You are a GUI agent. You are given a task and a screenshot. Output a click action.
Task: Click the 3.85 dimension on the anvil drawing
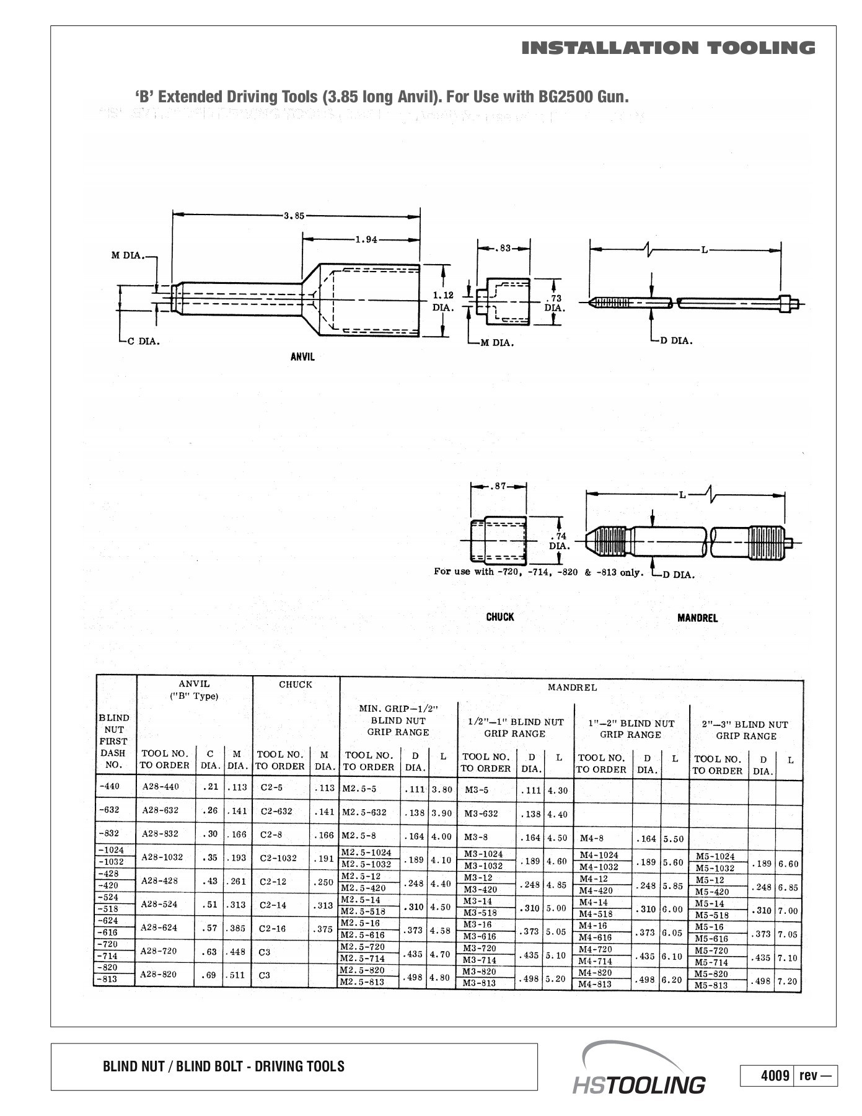point(294,216)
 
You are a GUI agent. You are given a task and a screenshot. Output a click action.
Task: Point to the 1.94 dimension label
point(366,239)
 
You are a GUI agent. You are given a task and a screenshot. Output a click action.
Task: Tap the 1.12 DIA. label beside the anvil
point(443,301)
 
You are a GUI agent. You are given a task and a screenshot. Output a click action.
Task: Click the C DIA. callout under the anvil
point(143,342)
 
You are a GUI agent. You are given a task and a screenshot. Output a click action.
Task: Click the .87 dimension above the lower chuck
point(499,486)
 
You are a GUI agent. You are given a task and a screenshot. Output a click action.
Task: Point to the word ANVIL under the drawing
point(302,357)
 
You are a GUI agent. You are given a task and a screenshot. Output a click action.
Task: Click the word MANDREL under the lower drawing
point(697,618)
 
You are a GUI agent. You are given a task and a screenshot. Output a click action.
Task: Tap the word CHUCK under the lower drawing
point(499,617)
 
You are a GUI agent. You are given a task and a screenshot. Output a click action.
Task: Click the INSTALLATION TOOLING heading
point(668,48)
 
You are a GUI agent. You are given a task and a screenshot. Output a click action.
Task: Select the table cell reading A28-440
point(161,787)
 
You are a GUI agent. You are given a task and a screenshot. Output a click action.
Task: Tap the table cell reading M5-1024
point(715,857)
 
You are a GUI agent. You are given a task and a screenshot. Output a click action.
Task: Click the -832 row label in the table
point(109,833)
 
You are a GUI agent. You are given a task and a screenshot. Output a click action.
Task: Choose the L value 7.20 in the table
point(788,981)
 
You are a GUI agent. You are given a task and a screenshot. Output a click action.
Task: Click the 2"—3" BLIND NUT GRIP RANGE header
point(745,730)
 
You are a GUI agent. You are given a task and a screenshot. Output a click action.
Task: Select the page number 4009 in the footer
point(775,1075)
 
